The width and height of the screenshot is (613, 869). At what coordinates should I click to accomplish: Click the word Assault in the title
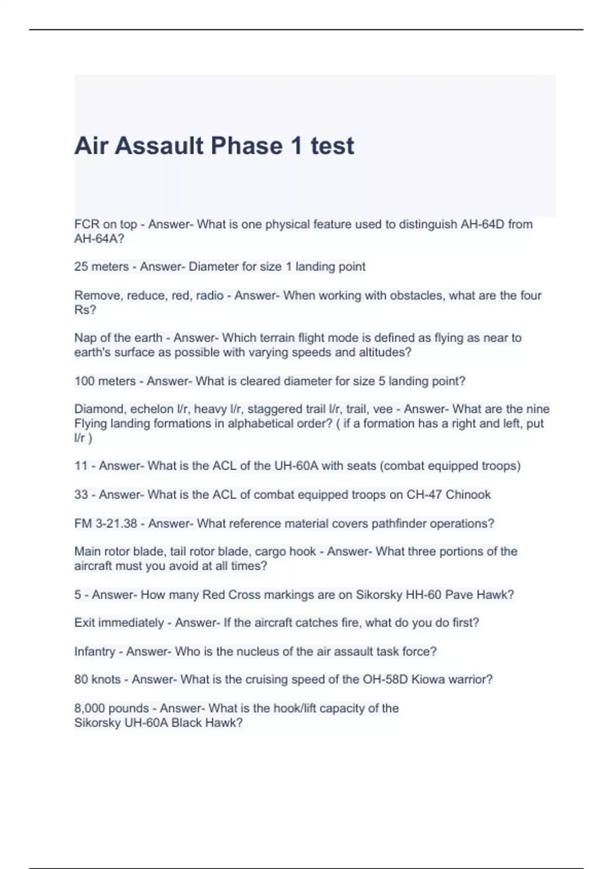(159, 146)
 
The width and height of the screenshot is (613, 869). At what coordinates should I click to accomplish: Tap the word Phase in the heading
(246, 146)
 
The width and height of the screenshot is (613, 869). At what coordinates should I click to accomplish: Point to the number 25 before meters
(81, 267)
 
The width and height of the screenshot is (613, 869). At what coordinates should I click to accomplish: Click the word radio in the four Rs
(210, 295)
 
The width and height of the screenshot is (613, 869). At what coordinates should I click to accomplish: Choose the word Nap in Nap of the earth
(85, 338)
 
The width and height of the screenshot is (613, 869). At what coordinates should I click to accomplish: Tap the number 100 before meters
(84, 381)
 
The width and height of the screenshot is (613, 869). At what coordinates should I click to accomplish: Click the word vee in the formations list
(383, 409)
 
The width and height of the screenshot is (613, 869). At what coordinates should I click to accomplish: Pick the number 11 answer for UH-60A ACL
(81, 466)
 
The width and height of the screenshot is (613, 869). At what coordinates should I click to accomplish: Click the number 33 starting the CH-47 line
(81, 495)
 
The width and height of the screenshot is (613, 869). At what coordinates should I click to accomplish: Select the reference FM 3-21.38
(106, 524)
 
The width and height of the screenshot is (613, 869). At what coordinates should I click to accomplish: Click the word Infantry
(95, 652)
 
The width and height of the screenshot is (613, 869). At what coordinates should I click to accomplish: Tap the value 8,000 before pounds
(89, 708)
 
